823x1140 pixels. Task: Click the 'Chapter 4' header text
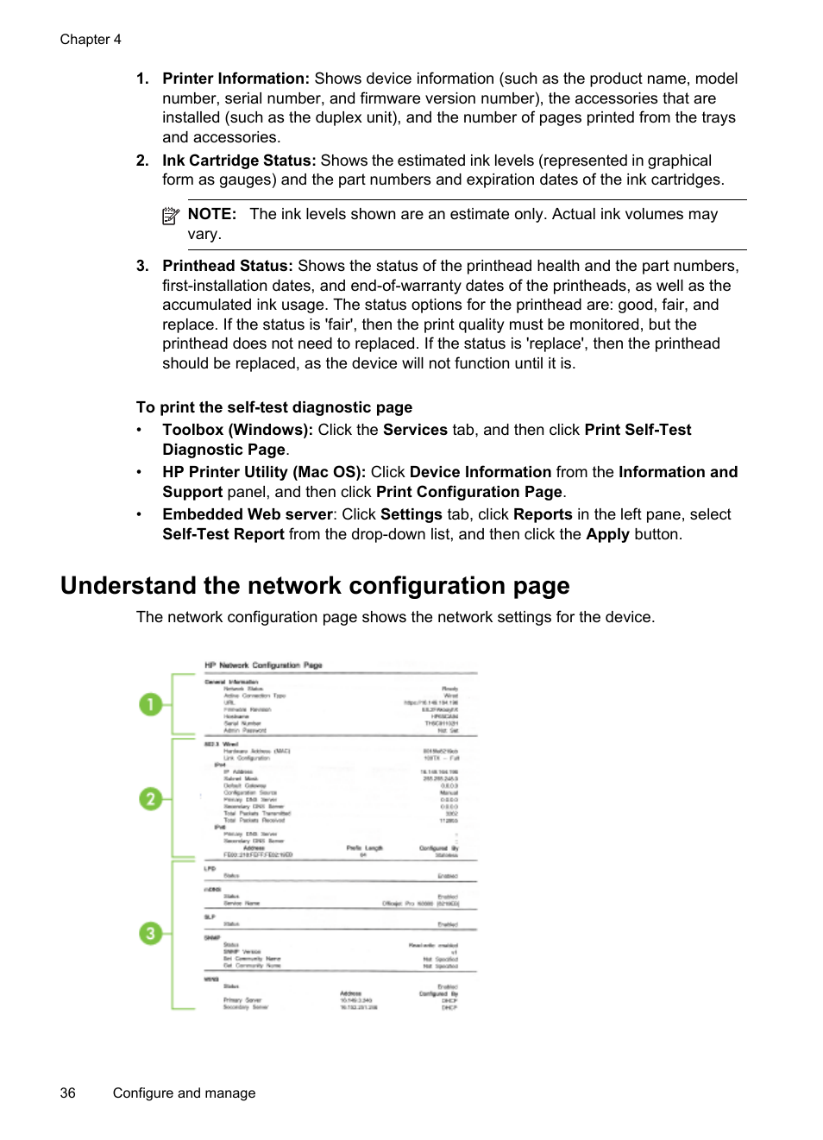[x=91, y=40]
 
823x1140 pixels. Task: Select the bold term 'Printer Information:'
[x=236, y=79]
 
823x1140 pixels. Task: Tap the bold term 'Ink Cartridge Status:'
[x=239, y=161]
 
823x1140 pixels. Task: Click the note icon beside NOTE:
[x=171, y=216]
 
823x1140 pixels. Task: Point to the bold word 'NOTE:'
[x=211, y=214]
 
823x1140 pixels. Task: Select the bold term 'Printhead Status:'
[x=228, y=266]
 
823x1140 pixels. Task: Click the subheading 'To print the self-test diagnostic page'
[x=274, y=407]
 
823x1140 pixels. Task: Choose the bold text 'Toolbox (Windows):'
[x=237, y=430]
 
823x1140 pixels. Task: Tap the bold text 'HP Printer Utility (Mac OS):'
[x=264, y=472]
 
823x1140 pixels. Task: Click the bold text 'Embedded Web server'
[x=248, y=514]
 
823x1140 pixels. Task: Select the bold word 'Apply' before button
[x=607, y=534]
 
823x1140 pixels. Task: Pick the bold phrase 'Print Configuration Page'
[x=468, y=492]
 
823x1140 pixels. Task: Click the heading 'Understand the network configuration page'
[x=315, y=586]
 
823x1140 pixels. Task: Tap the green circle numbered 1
[x=151, y=705]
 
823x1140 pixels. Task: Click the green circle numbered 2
[x=151, y=799]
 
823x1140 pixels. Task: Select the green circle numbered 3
[x=151, y=933]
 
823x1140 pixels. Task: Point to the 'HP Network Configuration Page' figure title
[x=263, y=665]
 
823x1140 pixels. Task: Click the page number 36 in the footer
[x=68, y=1093]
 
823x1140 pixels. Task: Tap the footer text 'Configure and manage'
[x=184, y=1093]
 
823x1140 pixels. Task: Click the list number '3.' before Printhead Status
[x=142, y=266]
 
